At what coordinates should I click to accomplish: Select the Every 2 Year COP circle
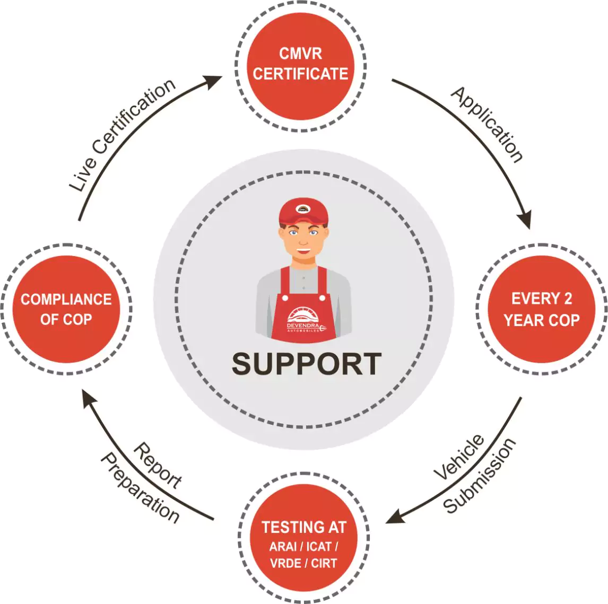(x=541, y=309)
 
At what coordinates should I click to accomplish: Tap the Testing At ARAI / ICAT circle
(x=303, y=538)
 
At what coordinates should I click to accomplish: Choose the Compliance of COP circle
(x=66, y=309)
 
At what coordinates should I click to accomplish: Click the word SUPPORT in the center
(x=307, y=364)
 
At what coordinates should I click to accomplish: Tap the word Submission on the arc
(x=479, y=476)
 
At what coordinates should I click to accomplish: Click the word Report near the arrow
(x=158, y=465)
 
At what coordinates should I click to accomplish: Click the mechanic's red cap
(x=303, y=213)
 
